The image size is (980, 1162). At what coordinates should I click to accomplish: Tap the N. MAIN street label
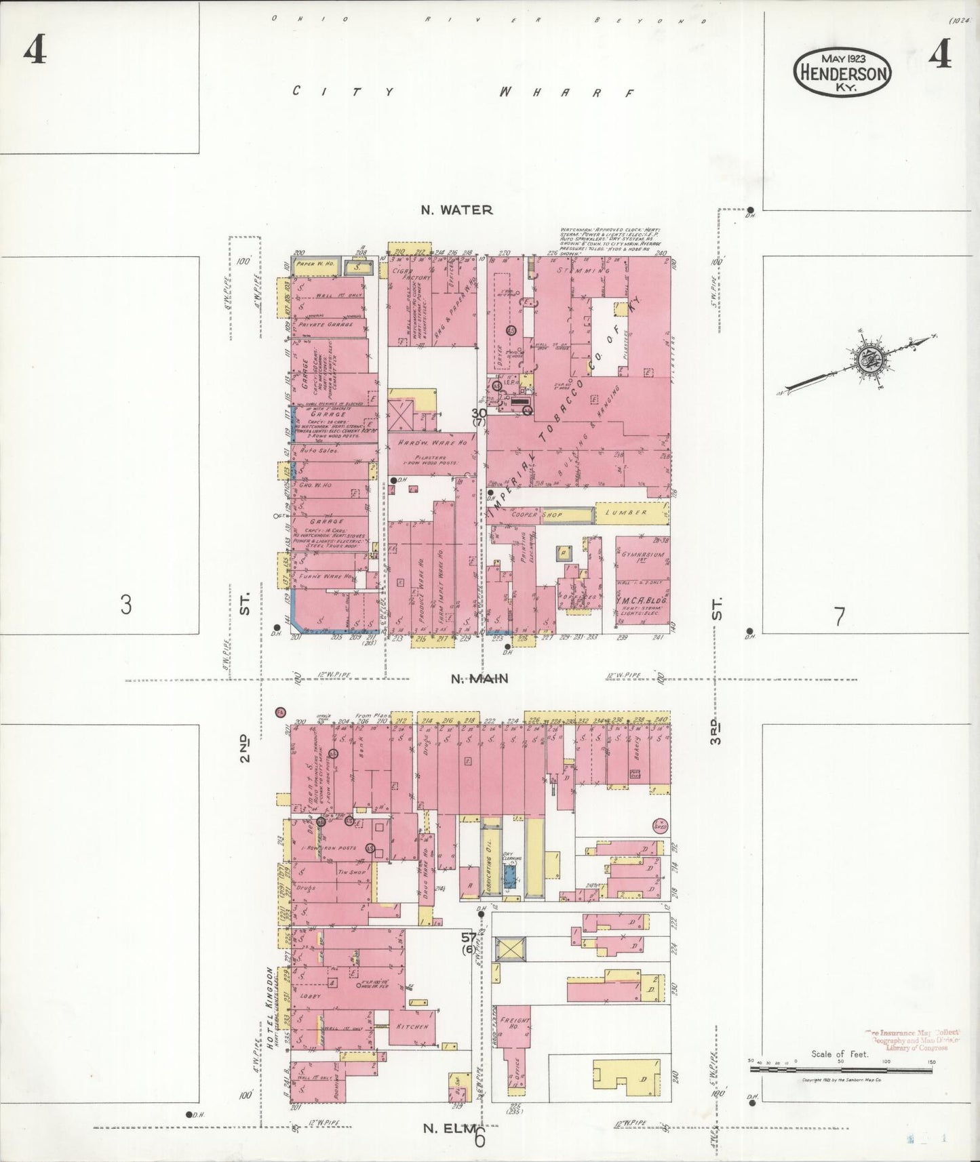[x=479, y=679]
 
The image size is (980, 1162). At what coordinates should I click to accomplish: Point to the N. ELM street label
[x=448, y=1128]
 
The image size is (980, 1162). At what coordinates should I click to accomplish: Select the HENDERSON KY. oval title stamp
[x=842, y=73]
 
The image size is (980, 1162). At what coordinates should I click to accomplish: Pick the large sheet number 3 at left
[x=125, y=604]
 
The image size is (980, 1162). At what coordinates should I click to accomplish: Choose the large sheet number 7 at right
[x=840, y=617]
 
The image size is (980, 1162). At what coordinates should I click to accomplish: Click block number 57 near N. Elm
[x=468, y=938]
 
